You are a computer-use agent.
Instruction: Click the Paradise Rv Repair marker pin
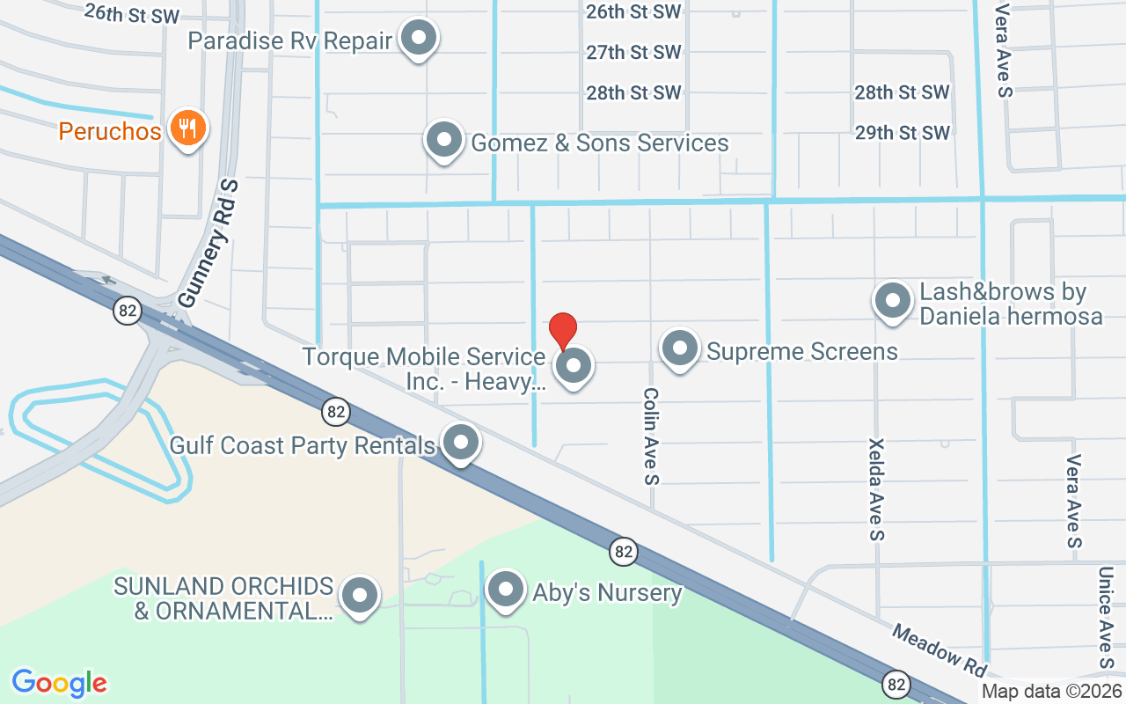tap(420, 39)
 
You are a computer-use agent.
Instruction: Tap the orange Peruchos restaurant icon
tap(186, 128)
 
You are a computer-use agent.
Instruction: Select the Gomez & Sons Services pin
tap(444, 140)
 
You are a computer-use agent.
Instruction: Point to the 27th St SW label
tap(633, 53)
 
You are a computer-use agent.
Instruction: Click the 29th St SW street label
tap(903, 133)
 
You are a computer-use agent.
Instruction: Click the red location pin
tap(563, 329)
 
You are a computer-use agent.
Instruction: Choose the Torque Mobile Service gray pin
tap(574, 365)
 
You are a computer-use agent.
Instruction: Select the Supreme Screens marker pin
tap(679, 349)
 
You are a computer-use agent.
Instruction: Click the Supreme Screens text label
tap(802, 352)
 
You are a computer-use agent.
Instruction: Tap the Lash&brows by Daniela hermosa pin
tap(894, 301)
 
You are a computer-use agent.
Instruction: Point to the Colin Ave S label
tap(651, 436)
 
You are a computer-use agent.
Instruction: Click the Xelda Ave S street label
tap(876, 489)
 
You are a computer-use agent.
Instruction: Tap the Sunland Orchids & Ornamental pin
tap(359, 596)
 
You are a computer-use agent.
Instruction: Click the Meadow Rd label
tap(940, 650)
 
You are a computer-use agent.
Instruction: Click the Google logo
tap(60, 683)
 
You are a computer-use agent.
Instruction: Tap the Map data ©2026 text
tap(1051, 692)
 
